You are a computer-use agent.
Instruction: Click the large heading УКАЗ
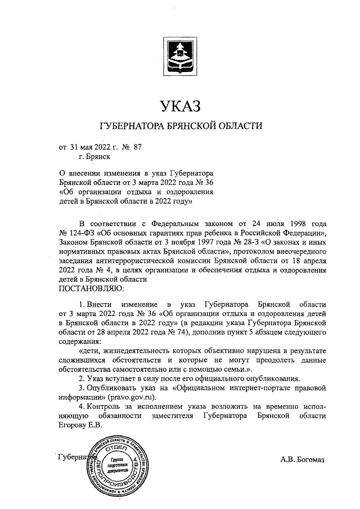click(x=179, y=105)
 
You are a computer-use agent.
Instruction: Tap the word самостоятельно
click(x=141, y=368)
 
